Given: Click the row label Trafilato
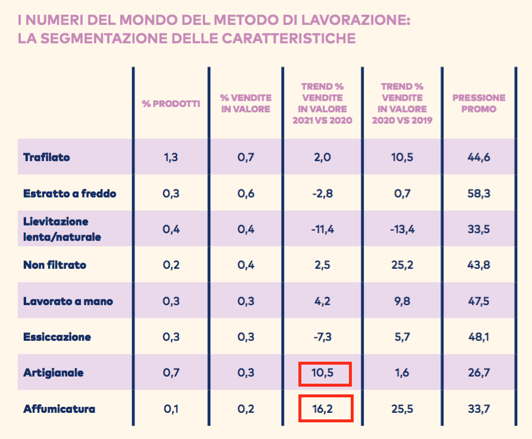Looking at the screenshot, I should [x=46, y=158].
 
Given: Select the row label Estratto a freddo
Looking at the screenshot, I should [x=70, y=193].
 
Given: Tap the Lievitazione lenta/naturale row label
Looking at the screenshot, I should [x=62, y=229].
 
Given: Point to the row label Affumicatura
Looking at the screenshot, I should [x=59, y=409].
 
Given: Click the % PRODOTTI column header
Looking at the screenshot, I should [x=171, y=104].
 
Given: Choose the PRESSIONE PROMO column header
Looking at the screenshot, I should [x=479, y=104].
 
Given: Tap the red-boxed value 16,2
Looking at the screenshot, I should [x=325, y=409].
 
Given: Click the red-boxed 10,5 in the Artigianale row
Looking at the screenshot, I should [x=325, y=373].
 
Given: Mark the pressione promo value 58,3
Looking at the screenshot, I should [x=479, y=193].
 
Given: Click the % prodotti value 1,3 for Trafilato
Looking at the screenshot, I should [x=171, y=158].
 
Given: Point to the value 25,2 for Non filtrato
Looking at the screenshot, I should [x=402, y=265].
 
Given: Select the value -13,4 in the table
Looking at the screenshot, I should [x=402, y=230].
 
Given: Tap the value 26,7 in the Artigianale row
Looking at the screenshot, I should [x=479, y=373].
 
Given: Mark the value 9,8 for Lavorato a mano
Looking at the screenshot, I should [x=402, y=301].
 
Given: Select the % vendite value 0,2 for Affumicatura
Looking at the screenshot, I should [x=246, y=409].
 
